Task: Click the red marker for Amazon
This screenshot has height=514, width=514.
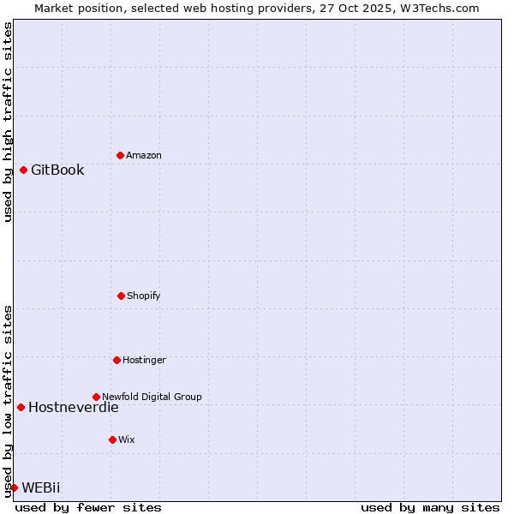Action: tap(120, 155)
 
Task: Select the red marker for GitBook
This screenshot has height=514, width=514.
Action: tap(23, 170)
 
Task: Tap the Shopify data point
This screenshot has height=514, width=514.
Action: tap(121, 296)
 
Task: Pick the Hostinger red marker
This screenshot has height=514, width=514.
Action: tap(117, 360)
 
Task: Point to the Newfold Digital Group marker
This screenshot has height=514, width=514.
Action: tap(96, 397)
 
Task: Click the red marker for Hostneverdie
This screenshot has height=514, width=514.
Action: tap(21, 407)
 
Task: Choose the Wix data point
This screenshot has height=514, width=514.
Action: tap(112, 439)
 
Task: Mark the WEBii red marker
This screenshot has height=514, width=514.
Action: tap(14, 487)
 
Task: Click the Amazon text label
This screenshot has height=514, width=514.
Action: tap(144, 155)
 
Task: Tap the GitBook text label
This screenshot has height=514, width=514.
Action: tap(57, 170)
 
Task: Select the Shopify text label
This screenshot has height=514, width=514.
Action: tap(144, 296)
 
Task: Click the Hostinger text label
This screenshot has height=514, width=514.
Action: tap(144, 360)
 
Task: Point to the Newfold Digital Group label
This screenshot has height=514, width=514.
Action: tap(152, 397)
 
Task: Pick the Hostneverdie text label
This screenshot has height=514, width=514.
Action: tap(74, 407)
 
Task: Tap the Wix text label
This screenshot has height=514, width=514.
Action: tap(127, 439)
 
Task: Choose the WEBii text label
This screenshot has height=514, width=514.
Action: tap(41, 487)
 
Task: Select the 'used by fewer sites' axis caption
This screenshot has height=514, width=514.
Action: tap(88, 507)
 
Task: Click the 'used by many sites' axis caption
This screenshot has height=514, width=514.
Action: tap(430, 507)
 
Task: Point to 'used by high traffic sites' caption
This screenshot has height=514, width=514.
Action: tap(8, 122)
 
